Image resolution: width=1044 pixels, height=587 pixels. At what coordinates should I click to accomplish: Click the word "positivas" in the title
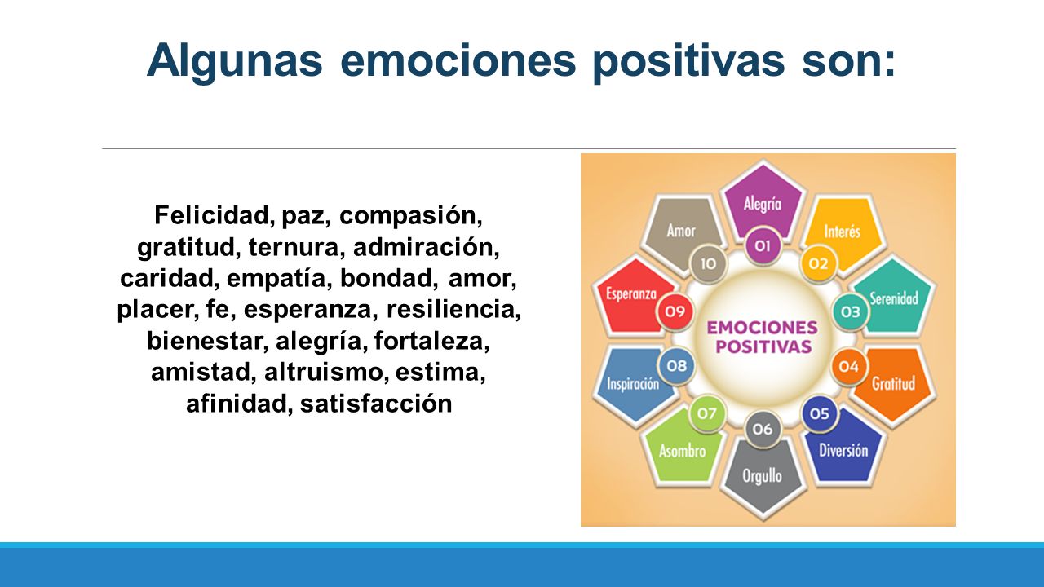pyautogui.click(x=689, y=61)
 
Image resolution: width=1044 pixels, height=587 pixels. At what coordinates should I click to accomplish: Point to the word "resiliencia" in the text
pyautogui.click(x=452, y=309)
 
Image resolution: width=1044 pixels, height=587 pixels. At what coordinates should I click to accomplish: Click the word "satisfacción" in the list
pyautogui.click(x=376, y=404)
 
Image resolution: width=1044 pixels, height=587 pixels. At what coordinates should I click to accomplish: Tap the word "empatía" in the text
pyautogui.click(x=276, y=278)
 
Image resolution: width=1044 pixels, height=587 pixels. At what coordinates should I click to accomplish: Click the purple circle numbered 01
pyautogui.click(x=763, y=246)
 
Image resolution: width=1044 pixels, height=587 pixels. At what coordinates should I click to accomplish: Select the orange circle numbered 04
pyautogui.click(x=849, y=367)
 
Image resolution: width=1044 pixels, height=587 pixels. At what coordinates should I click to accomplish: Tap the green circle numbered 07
pyautogui.click(x=706, y=413)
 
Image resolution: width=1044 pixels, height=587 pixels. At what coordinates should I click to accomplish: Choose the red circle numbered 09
pyautogui.click(x=675, y=311)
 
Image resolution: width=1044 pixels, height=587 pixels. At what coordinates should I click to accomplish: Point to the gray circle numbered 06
pyautogui.click(x=763, y=429)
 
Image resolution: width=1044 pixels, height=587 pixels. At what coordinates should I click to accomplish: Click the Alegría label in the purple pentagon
pyautogui.click(x=763, y=204)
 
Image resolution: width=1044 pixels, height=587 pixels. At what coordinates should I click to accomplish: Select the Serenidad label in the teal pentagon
pyautogui.click(x=894, y=298)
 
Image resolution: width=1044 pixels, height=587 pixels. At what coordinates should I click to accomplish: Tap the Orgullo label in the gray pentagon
pyautogui.click(x=762, y=476)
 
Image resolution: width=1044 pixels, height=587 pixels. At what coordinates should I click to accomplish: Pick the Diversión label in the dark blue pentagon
pyautogui.click(x=843, y=450)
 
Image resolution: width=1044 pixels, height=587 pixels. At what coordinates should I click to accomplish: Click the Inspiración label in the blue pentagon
pyautogui.click(x=633, y=384)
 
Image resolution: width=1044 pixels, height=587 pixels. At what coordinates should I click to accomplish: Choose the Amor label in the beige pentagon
pyautogui.click(x=681, y=231)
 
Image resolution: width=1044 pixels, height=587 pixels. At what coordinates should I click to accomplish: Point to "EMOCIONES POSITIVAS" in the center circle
pyautogui.click(x=763, y=337)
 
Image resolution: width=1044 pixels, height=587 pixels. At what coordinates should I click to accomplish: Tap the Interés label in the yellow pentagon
pyautogui.click(x=843, y=232)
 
